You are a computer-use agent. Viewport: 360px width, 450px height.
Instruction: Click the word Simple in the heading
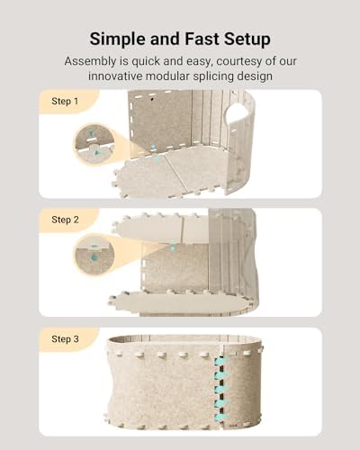(118, 40)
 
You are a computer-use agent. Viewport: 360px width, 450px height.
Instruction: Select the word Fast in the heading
(202, 39)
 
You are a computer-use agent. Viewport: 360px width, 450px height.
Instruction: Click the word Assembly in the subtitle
(91, 61)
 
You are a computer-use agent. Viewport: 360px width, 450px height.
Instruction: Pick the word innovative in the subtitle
(115, 76)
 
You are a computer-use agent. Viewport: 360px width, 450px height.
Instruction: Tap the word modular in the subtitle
(167, 76)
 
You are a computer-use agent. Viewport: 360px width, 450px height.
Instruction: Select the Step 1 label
(65, 101)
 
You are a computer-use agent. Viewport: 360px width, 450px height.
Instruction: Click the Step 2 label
(65, 220)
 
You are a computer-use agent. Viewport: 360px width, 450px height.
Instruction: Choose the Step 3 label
(65, 339)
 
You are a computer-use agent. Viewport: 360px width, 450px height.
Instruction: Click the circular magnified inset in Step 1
(94, 144)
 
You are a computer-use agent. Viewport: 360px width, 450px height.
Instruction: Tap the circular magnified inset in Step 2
(94, 256)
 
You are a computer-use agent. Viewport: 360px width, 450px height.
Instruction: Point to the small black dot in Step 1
(152, 99)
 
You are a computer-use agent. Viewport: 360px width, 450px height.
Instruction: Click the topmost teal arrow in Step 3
(222, 362)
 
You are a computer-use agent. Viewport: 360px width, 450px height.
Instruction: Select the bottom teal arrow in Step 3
(222, 417)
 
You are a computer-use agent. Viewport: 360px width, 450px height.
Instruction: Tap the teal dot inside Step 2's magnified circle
(94, 257)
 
